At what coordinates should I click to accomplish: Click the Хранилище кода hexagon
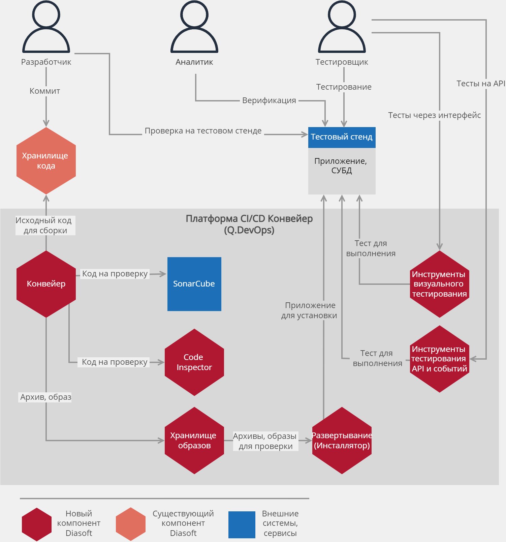click(x=46, y=161)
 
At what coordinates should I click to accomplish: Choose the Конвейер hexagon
click(x=46, y=284)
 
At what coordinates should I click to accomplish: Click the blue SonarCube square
click(x=194, y=284)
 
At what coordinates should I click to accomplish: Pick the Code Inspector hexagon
click(x=194, y=362)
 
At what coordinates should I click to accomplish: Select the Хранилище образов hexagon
click(x=194, y=441)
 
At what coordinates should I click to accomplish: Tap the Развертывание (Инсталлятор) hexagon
click(x=342, y=441)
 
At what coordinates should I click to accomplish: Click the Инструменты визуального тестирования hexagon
click(x=440, y=284)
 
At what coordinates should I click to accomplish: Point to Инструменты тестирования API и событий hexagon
click(x=440, y=359)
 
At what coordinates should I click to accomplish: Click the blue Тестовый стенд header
click(x=342, y=137)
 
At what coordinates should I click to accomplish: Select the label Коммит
click(x=45, y=91)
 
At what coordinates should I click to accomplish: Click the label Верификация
click(x=269, y=100)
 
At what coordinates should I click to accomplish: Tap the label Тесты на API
click(x=481, y=84)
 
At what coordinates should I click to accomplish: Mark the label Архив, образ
click(x=46, y=397)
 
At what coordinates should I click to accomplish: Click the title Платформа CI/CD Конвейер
click(x=249, y=219)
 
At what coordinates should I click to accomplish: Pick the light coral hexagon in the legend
click(x=131, y=524)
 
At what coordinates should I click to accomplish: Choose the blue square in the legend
click(x=242, y=524)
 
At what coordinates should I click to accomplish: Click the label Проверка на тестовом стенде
click(x=203, y=131)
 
